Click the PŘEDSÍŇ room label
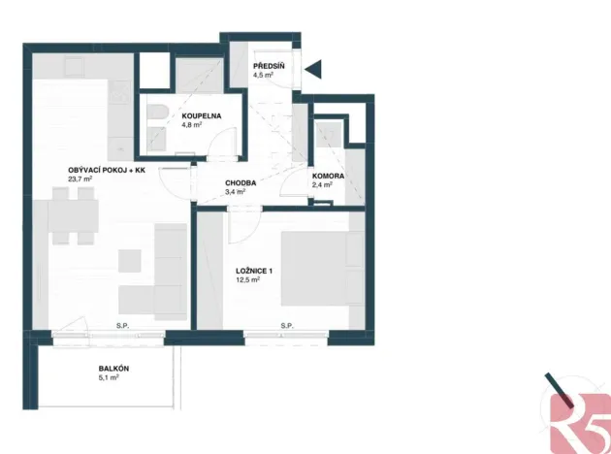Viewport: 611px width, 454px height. [x=269, y=65]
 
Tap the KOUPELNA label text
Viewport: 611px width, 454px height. [x=202, y=116]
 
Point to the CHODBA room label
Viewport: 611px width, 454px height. [x=241, y=182]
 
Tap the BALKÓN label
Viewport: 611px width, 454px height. [x=113, y=369]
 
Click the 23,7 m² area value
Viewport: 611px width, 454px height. [x=80, y=179]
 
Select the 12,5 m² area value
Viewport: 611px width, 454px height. [x=249, y=281]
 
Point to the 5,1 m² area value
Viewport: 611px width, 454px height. [x=108, y=378]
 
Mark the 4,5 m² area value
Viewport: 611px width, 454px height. [x=264, y=74]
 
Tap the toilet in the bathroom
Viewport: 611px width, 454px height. [x=155, y=123]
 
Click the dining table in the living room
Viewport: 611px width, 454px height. [x=73, y=217]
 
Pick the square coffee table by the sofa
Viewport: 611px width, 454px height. [x=131, y=261]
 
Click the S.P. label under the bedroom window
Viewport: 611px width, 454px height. [x=286, y=325]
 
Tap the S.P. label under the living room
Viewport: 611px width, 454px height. [x=123, y=325]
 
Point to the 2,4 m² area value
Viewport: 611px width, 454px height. [x=322, y=184]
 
